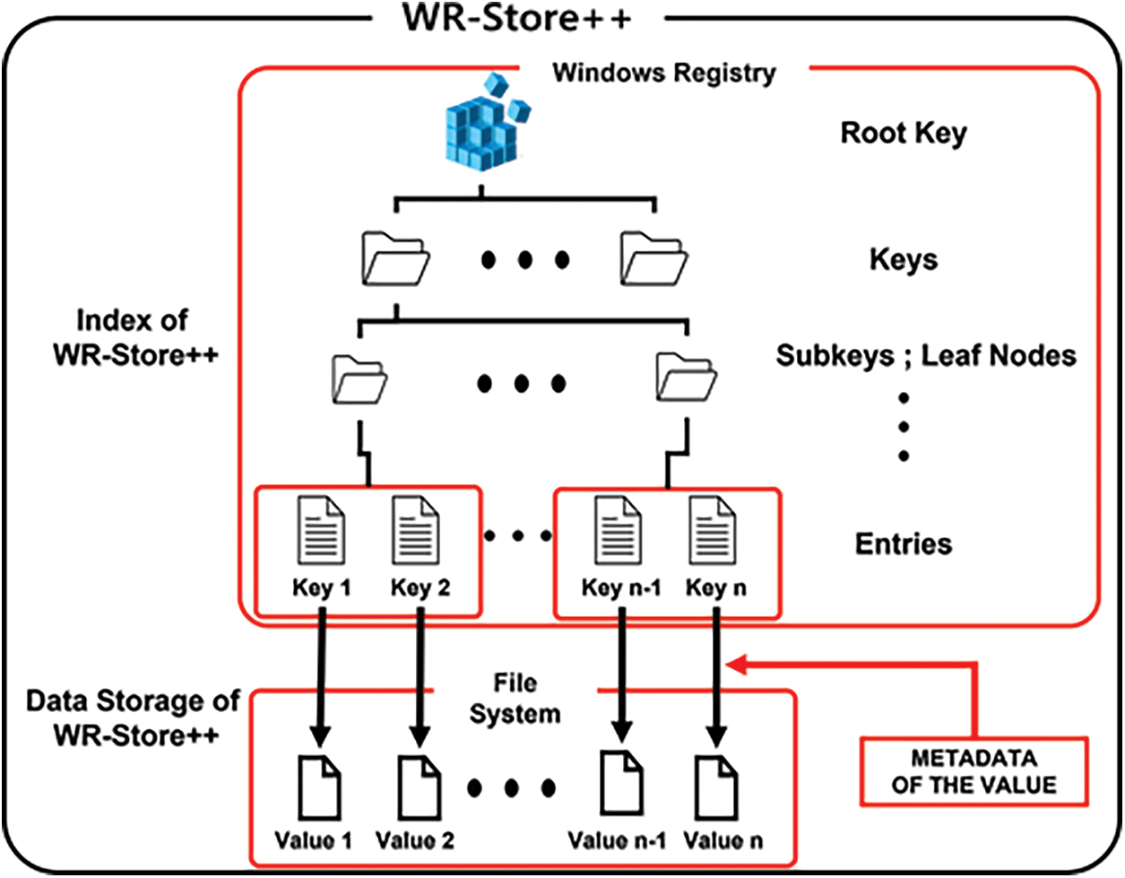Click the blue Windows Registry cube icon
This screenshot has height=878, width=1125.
485,126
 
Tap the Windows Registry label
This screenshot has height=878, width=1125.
663,73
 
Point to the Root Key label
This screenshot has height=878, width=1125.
903,134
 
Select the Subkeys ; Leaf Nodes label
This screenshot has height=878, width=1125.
925,355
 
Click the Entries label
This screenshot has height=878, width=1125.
903,543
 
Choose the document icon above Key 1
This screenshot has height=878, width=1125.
321,533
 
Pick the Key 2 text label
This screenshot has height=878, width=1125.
420,588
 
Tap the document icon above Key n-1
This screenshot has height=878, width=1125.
619,533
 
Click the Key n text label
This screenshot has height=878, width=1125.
715,588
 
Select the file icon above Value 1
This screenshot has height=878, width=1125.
319,787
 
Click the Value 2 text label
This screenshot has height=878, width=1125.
414,840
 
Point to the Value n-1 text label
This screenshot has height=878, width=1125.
617,840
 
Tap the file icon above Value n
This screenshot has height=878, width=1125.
716,787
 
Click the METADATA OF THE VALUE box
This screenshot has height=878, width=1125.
974,771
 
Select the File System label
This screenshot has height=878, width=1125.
515,699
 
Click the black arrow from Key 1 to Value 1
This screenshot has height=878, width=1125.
320,673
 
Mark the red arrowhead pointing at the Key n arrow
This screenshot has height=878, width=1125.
735,665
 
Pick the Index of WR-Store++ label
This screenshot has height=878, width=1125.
134,337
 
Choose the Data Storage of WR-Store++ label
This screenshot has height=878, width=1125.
133,717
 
